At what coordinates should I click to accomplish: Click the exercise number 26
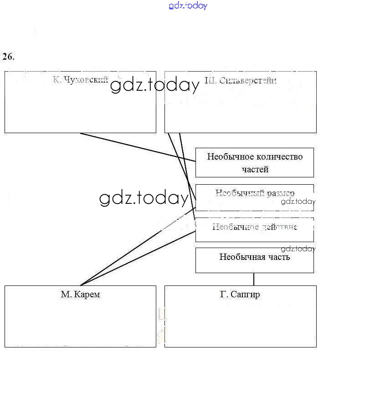tap(8, 57)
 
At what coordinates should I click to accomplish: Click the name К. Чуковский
tap(80, 80)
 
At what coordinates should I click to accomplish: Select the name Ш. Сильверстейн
tap(241, 81)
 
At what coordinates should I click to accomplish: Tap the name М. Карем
tap(80, 294)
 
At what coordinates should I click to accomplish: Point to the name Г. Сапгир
tap(240, 294)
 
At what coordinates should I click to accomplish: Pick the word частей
tap(255, 169)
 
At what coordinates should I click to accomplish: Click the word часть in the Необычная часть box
tap(279, 257)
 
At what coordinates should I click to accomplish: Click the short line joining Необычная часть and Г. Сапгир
tap(254, 279)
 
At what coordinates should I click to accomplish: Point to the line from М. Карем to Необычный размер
tap(137, 247)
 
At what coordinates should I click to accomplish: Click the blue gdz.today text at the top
tap(188, 6)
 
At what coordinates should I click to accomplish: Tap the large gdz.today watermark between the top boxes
tap(155, 85)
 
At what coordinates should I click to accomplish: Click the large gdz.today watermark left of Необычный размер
tap(144, 198)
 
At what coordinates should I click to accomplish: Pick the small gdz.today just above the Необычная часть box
tap(298, 249)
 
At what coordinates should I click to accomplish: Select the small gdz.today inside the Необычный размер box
tap(298, 202)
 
